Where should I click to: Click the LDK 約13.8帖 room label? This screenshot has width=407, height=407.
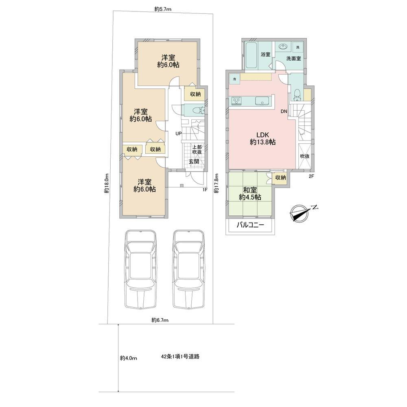coord(263,138)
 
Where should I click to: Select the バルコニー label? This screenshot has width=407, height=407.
coord(250,225)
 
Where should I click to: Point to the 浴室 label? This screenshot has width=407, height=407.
coord(265,55)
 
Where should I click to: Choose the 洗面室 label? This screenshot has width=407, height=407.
coord(293,59)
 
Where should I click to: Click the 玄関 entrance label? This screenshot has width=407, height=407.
coord(194,162)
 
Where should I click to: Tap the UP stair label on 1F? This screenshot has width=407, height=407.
coord(179,133)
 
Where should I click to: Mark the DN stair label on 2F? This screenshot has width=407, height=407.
coord(284,112)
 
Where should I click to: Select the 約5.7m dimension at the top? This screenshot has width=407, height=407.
coord(163,9)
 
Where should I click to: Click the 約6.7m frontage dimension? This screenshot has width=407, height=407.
coord(160,320)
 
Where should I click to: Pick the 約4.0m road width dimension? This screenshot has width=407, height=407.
coord(129,358)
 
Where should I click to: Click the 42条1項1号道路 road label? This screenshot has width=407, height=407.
coord(180,357)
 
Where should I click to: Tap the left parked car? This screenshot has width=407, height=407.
coord(141,269)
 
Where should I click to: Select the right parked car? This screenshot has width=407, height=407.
coord(189,269)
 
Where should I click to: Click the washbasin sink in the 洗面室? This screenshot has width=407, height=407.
coord(283,47)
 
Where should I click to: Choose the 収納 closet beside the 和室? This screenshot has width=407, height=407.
coord(280,178)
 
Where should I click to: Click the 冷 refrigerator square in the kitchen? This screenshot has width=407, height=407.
coord(234,79)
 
